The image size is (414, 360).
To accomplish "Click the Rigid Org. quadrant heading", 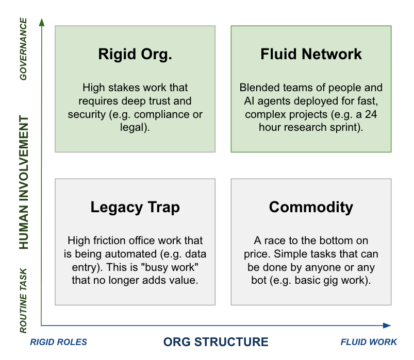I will point(135,55).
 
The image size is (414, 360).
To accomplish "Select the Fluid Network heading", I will point(311,55).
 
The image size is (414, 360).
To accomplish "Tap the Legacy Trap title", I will point(135,207).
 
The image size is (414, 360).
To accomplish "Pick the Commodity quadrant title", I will point(311,207).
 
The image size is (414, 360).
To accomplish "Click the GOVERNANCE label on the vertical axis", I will point(23,49).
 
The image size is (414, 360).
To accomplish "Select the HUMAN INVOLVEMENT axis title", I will point(23,183).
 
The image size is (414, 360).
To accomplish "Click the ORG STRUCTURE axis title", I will point(216,342).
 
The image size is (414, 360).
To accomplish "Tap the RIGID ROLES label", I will point(59,342).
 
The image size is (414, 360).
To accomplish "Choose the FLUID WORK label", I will point(369,342).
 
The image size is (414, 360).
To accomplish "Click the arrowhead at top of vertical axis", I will point(42,22).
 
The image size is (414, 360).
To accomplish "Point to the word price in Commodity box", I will point(256,254).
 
